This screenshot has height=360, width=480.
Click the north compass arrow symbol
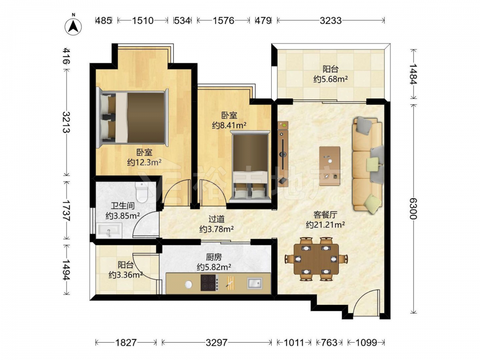(73, 26)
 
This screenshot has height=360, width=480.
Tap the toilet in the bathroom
(142, 192)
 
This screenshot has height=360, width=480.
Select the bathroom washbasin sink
(109, 230)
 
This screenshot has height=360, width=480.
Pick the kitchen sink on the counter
(255, 283)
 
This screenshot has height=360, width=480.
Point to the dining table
(316, 259)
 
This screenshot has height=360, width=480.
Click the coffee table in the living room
(330, 166)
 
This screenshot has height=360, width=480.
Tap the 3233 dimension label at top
(331, 21)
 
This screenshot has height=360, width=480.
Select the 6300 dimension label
(413, 209)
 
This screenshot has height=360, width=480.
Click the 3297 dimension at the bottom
(217, 342)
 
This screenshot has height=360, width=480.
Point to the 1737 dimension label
(66, 211)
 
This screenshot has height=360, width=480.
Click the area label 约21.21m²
(325, 225)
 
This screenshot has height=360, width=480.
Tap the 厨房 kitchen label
(214, 257)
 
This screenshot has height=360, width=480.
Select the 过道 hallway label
(216, 219)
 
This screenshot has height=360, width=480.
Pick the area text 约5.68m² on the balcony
(331, 79)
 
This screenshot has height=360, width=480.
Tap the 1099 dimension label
(366, 342)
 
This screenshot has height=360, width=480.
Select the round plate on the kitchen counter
(189, 284)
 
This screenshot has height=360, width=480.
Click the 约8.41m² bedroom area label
(229, 125)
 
